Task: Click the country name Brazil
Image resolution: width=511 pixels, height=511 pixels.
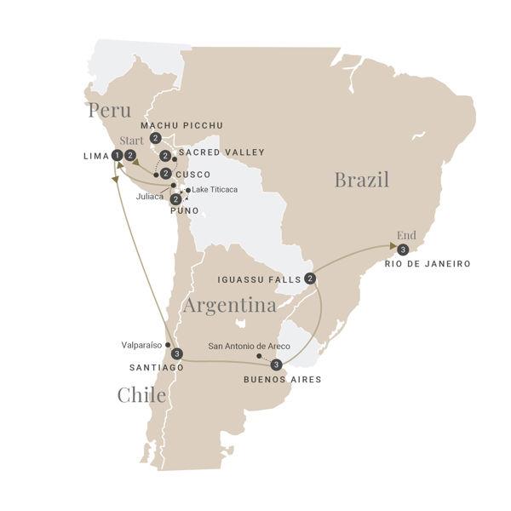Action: [x=361, y=180]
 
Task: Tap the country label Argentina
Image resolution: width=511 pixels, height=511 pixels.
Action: [x=229, y=304]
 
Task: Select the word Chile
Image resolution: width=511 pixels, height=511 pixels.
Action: [x=141, y=395]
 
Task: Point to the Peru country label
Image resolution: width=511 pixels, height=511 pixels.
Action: [x=108, y=112]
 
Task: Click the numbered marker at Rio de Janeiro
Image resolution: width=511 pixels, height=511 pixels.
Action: [x=403, y=249]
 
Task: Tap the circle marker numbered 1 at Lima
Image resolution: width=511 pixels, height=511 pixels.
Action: [x=116, y=155]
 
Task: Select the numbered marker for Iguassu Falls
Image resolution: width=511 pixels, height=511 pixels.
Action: [x=310, y=278]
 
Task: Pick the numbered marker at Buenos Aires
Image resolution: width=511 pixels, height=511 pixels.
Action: [x=275, y=365]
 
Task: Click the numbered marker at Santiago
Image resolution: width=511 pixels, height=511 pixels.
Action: [x=176, y=353]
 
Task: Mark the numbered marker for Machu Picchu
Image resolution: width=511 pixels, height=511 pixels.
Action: [x=155, y=138]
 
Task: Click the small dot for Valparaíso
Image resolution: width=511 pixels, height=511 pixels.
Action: [x=168, y=345]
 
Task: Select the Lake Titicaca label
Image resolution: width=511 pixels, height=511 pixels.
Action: [x=215, y=189]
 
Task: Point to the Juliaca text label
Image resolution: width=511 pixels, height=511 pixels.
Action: [x=150, y=195]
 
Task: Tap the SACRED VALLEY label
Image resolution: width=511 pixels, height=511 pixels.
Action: [x=222, y=152]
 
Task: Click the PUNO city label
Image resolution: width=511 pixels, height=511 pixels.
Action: [x=185, y=210]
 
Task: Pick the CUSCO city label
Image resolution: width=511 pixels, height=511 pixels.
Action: [x=192, y=175]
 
